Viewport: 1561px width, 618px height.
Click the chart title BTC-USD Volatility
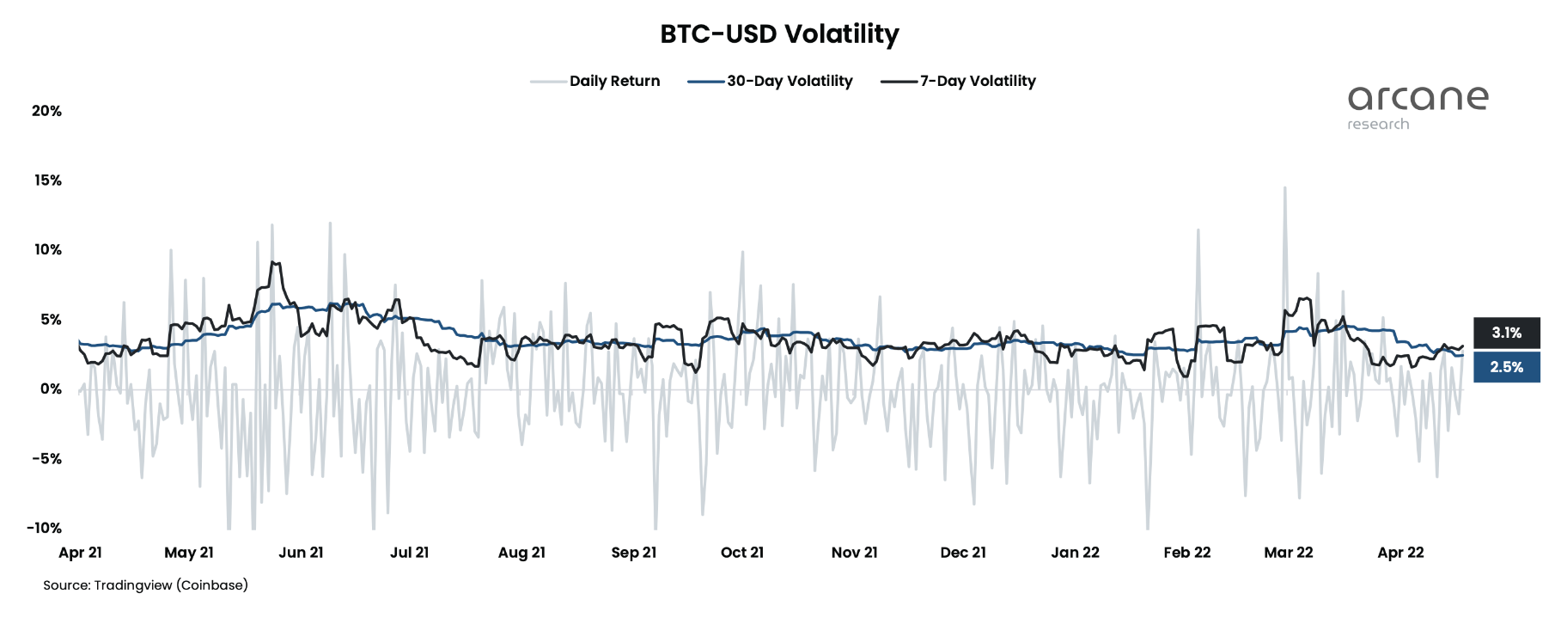click(x=779, y=34)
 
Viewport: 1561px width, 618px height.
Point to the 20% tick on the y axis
click(x=46, y=111)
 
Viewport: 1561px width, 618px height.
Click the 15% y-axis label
click(x=47, y=181)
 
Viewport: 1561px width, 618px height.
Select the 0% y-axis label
click(x=51, y=389)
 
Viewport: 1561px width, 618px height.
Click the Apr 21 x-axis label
click(x=80, y=553)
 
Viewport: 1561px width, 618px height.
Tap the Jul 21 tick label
click(x=409, y=553)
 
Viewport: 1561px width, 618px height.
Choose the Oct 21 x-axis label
click(x=742, y=553)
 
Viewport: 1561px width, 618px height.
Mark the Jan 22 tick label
click(x=1075, y=553)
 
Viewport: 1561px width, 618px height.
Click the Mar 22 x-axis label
click(x=1288, y=553)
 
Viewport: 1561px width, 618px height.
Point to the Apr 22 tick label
click(x=1400, y=553)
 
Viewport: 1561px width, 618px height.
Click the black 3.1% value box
click(x=1506, y=333)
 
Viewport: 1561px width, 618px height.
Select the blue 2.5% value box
click(x=1506, y=367)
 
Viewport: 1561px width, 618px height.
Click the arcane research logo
click(x=1417, y=107)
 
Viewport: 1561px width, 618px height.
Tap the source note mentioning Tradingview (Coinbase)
click(x=145, y=585)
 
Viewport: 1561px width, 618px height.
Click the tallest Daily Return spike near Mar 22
click(x=1284, y=189)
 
